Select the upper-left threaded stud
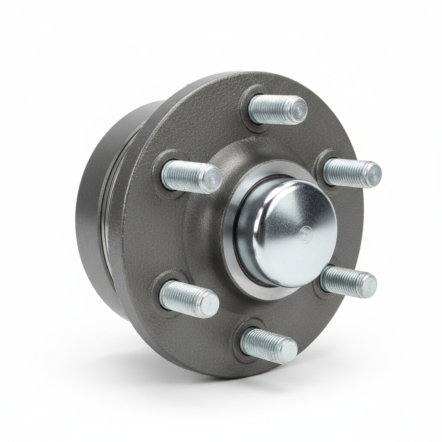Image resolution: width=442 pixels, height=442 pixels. pos(190,176)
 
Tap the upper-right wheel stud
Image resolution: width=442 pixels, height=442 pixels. pos(350,173)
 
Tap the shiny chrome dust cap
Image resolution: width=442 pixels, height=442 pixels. pos(287,233)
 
